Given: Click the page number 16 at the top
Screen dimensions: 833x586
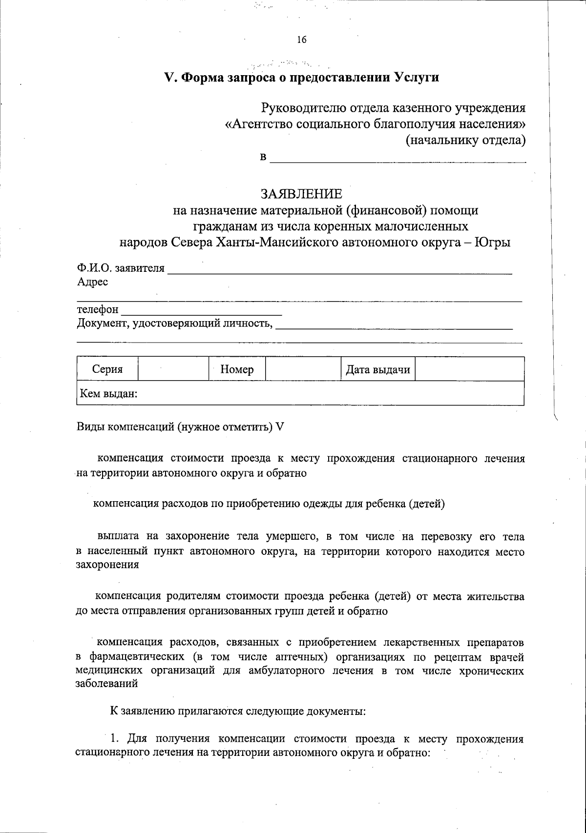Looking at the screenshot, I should tap(301, 40).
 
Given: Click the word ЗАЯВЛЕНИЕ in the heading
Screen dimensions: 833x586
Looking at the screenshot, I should tap(301, 194).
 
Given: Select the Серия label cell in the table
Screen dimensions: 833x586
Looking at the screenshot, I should tap(107, 369).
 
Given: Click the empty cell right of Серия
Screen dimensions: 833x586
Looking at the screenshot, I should tap(173, 369).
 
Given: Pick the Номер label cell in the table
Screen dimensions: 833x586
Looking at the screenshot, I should tap(237, 369).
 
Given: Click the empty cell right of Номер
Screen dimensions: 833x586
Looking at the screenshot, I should tap(303, 369).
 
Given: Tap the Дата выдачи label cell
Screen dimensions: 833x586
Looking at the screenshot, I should tap(377, 369).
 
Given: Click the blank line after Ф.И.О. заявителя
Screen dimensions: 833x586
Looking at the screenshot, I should tap(339, 270).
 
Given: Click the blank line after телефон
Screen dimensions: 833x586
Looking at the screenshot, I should tap(201, 310).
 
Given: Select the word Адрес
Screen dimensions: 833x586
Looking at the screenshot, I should tap(92, 282).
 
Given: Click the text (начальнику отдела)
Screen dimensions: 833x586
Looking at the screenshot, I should tap(465, 141).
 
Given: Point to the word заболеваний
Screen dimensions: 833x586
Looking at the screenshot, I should tap(107, 684).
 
